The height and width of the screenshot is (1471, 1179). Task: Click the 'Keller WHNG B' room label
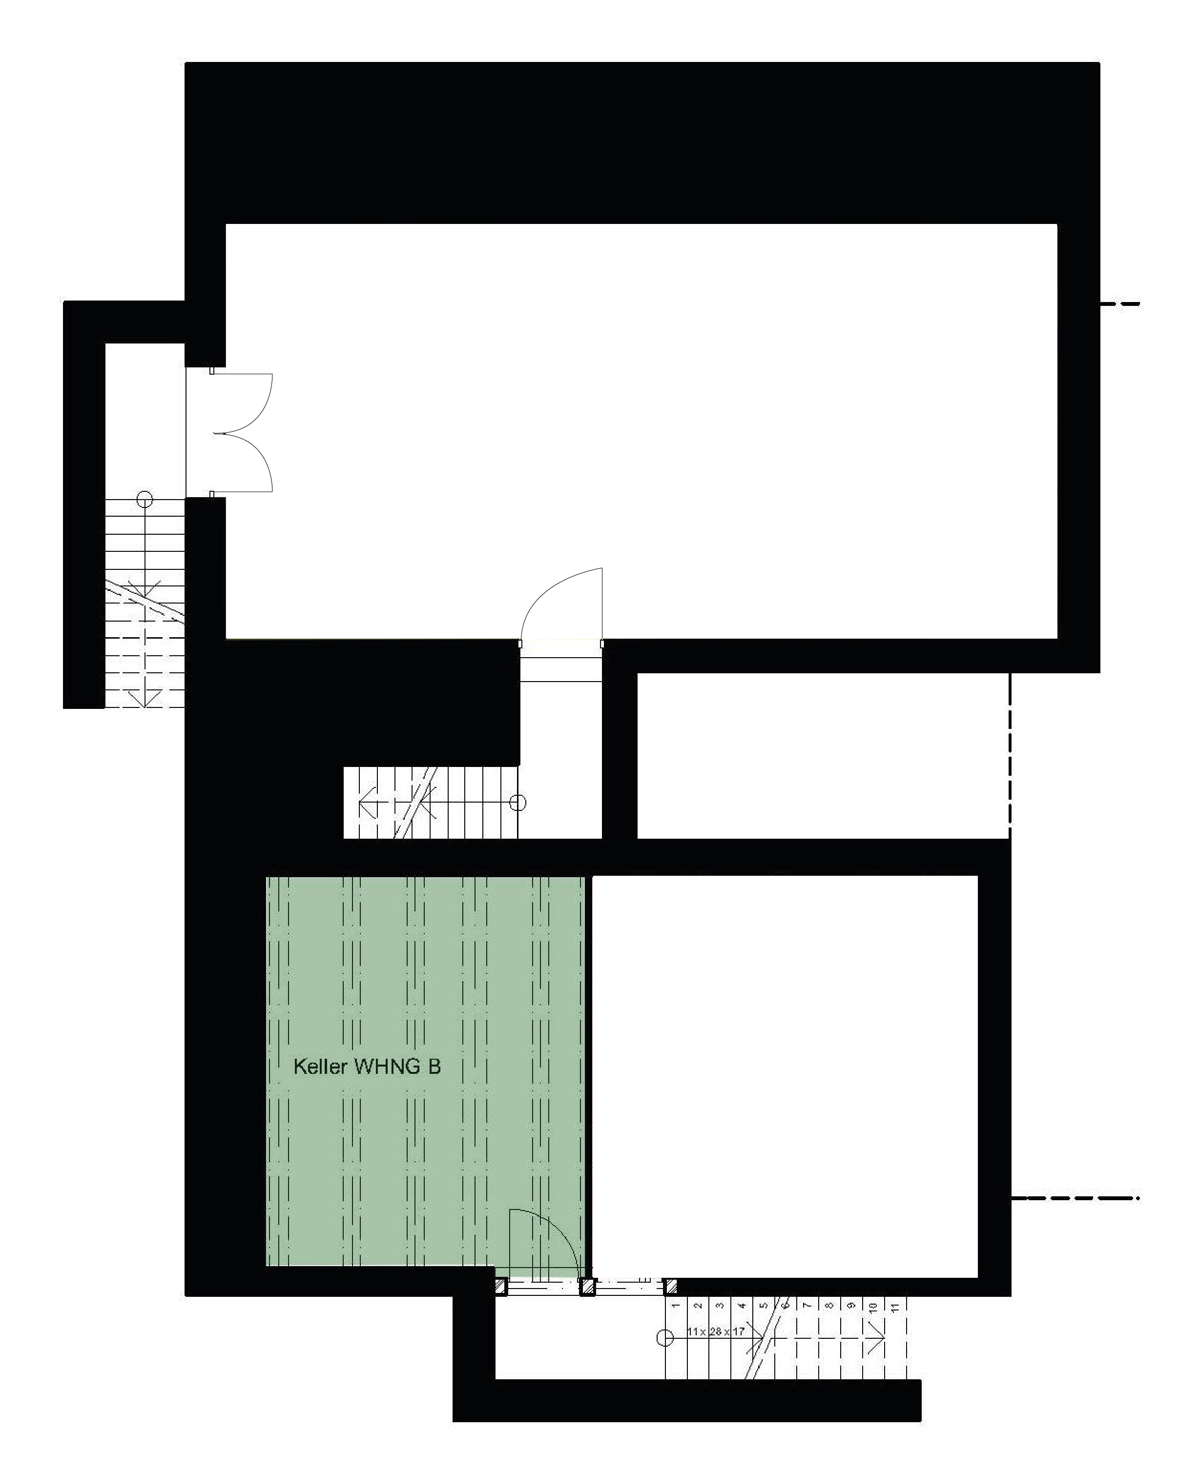pyautogui.click(x=367, y=1067)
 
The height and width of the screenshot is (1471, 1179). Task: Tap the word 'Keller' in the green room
pyautogui.click(x=319, y=1067)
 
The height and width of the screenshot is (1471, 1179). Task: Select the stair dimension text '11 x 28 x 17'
pyautogui.click(x=716, y=1331)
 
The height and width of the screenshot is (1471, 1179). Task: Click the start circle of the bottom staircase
pyautogui.click(x=664, y=1338)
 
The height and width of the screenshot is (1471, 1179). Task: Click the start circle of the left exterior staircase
pyautogui.click(x=145, y=499)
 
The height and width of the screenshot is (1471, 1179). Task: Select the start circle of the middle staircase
pyautogui.click(x=519, y=803)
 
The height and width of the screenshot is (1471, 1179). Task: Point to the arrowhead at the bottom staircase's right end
pyautogui.click(x=877, y=1338)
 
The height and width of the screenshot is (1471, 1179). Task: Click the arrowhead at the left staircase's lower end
pyautogui.click(x=145, y=697)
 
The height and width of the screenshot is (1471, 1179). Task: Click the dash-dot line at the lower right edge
pyautogui.click(x=1075, y=1197)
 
